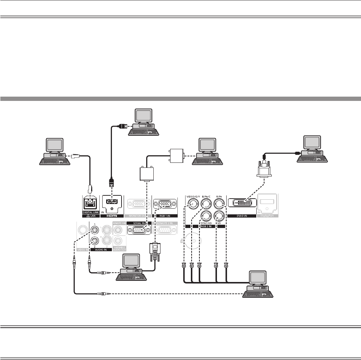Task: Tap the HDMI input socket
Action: click(x=112, y=203)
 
